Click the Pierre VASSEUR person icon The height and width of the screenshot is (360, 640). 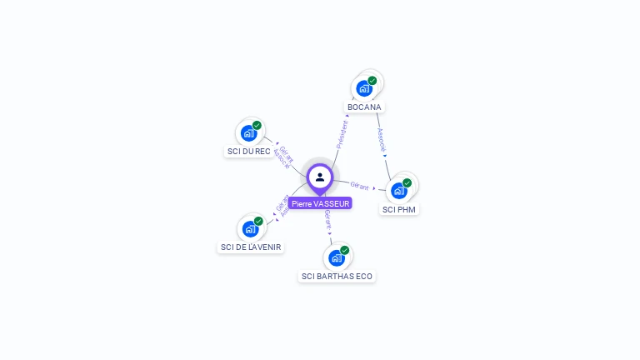(320, 177)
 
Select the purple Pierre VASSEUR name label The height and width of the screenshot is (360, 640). (321, 203)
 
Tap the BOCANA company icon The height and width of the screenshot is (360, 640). (364, 87)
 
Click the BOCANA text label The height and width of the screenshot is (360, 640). (364, 107)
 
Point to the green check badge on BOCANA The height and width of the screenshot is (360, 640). (372, 81)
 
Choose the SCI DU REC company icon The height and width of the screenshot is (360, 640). (248, 132)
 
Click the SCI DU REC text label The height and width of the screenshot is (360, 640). (248, 152)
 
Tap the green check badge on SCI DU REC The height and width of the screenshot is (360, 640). (257, 125)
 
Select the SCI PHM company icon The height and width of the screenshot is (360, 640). (399, 190)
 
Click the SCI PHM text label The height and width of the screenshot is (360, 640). (398, 210)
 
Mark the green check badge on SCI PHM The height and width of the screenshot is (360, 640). (407, 182)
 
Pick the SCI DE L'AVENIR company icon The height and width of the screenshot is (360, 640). (250, 228)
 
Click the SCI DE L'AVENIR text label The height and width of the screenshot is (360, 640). (251, 247)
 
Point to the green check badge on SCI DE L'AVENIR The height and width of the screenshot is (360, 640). (258, 221)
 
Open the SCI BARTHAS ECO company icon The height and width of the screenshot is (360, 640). (337, 257)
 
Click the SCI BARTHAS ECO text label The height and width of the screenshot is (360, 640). (337, 277)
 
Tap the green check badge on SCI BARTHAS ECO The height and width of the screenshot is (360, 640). (345, 250)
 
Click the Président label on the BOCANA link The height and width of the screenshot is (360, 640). (342, 134)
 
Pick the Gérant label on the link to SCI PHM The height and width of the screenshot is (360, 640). (359, 185)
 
